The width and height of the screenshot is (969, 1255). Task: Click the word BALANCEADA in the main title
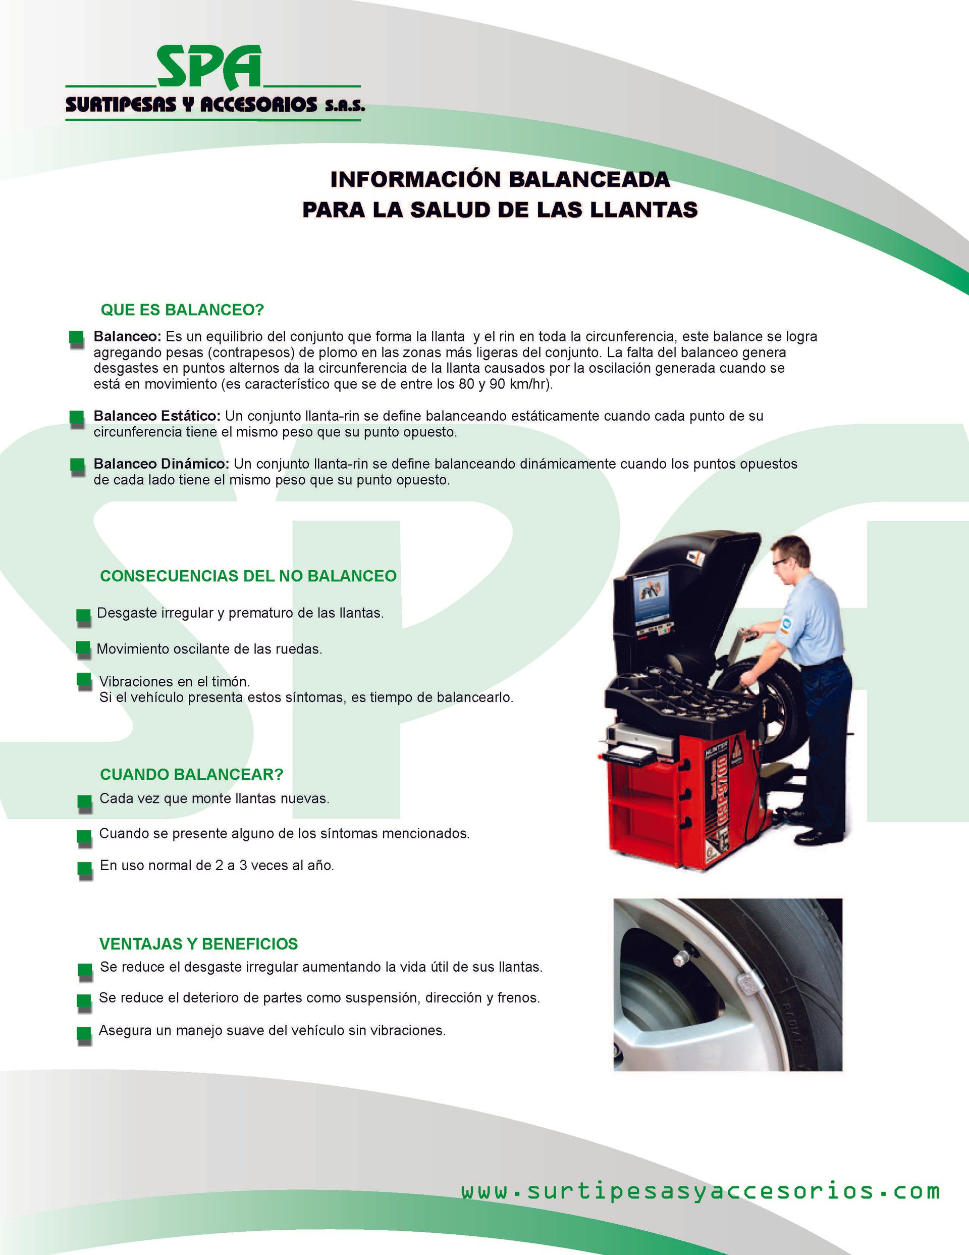[x=589, y=179]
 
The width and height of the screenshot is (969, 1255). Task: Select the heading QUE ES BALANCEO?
[x=182, y=310]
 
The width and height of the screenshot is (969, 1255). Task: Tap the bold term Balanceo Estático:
[x=157, y=416]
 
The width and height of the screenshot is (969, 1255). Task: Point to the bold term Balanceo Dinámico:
[x=161, y=464]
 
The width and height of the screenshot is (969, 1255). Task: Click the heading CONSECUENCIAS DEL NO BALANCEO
[x=248, y=576]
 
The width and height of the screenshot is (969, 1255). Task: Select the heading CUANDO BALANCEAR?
[x=191, y=775]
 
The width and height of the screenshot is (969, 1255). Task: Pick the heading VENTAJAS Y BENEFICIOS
[x=199, y=944]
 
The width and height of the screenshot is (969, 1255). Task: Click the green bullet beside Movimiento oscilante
[x=83, y=649]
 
